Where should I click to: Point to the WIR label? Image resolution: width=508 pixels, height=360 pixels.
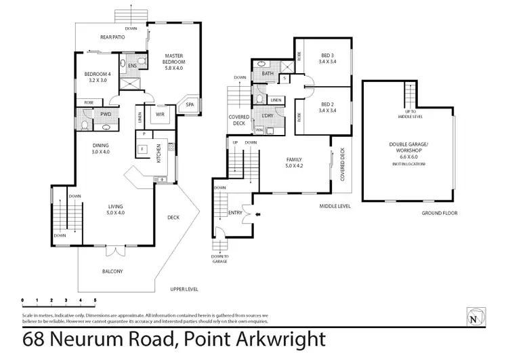tap(161, 115)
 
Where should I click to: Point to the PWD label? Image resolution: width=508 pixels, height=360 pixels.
tap(106, 115)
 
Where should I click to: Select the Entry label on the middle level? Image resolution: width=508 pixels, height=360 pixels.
tap(236, 212)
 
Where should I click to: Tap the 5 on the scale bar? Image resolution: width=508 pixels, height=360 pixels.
tap(95, 299)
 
